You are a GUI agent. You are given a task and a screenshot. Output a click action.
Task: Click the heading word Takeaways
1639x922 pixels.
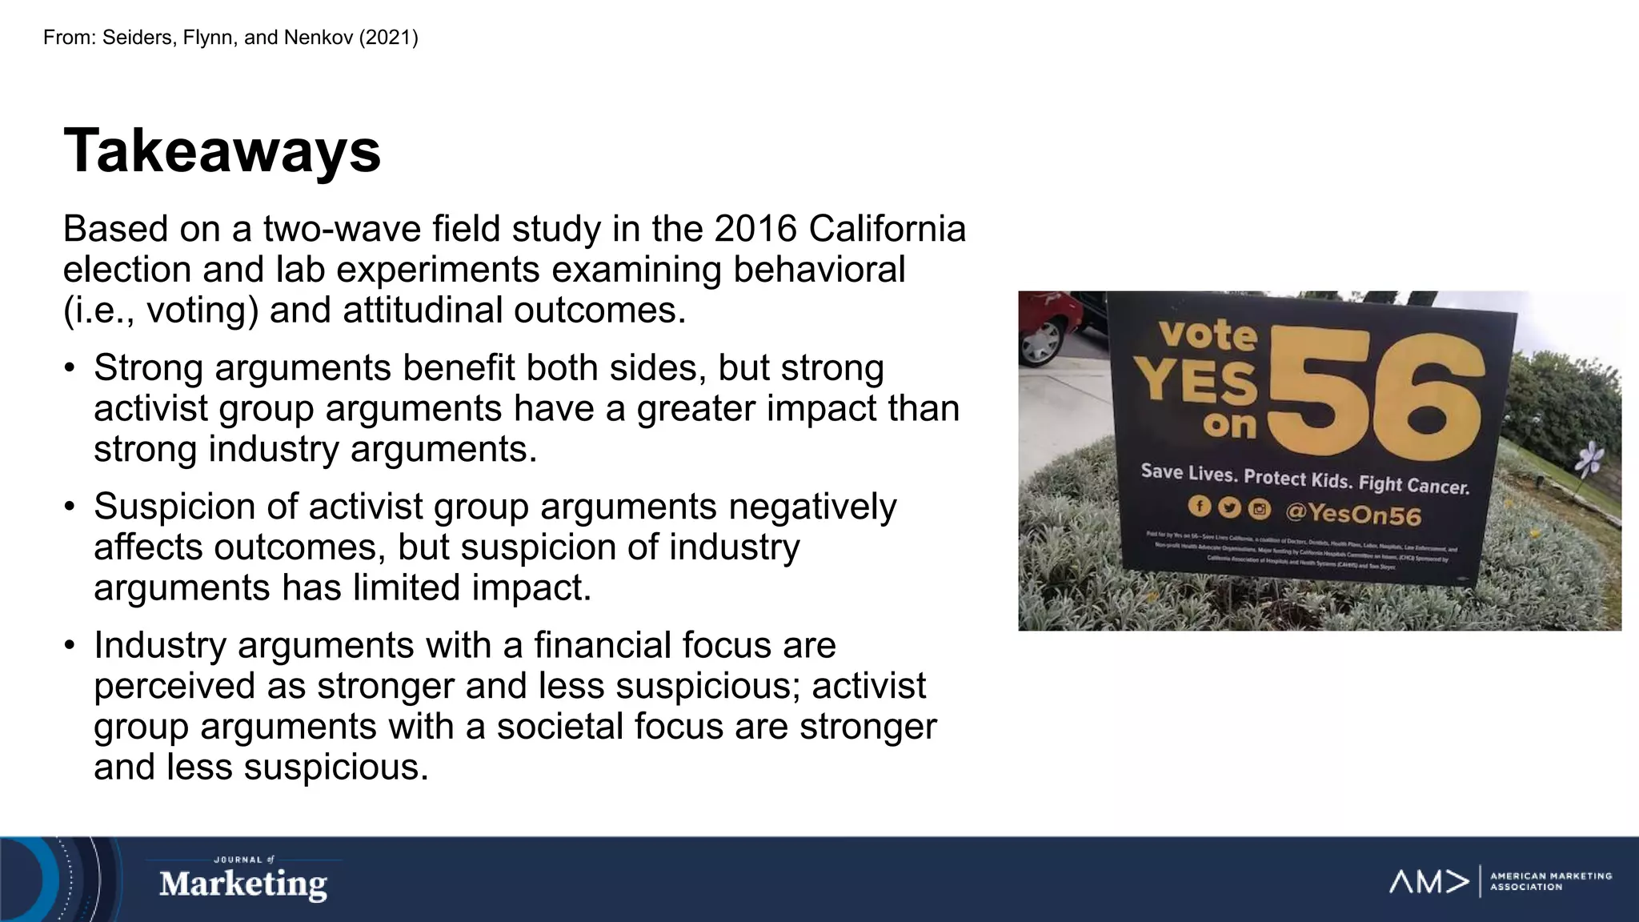click(x=222, y=150)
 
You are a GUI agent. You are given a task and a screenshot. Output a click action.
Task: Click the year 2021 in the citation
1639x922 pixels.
click(x=388, y=38)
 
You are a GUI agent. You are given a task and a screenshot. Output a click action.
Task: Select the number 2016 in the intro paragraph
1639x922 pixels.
click(x=755, y=229)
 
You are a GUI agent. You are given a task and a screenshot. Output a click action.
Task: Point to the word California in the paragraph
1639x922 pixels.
click(x=887, y=229)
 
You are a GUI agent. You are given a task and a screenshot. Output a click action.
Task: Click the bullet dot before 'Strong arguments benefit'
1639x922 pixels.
click(x=70, y=369)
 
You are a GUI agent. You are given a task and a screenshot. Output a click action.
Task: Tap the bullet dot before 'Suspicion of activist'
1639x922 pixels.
click(x=70, y=507)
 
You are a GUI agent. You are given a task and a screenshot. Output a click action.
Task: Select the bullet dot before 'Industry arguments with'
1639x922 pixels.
click(x=70, y=646)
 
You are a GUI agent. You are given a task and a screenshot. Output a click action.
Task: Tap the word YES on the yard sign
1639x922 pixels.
click(x=1197, y=383)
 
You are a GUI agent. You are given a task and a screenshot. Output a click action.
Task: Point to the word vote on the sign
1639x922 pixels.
click(x=1208, y=334)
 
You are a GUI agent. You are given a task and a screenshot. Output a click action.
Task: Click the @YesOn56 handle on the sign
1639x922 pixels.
click(x=1352, y=513)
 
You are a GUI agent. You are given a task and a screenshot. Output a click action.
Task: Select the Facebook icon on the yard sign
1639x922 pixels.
click(x=1198, y=506)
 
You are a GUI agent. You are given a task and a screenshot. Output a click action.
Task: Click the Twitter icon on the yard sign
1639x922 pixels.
click(x=1228, y=507)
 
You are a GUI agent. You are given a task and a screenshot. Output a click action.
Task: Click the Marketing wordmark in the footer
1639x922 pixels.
click(x=242, y=884)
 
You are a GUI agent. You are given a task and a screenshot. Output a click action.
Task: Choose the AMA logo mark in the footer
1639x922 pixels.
click(x=1429, y=882)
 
